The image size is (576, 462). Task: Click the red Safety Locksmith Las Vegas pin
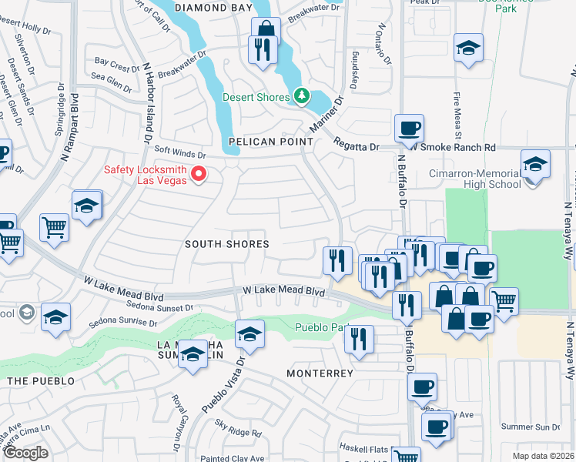(199, 174)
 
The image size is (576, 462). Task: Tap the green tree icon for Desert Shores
(303, 96)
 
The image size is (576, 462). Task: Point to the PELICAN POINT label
(271, 142)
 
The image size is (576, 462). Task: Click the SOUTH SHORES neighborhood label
(226, 244)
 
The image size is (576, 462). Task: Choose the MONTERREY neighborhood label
(320, 373)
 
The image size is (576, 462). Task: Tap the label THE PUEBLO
(41, 381)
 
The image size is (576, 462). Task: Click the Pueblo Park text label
(323, 327)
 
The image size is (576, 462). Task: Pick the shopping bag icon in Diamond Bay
(266, 29)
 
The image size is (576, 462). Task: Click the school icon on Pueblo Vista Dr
(249, 334)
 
